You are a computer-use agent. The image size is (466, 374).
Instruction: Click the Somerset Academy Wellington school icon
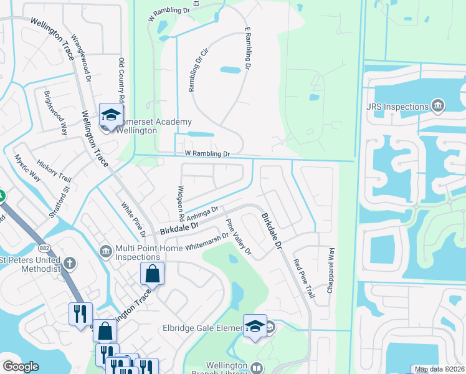(x=110, y=115)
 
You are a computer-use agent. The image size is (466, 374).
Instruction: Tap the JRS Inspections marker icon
(x=438, y=106)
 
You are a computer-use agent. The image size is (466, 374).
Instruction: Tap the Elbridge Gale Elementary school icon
(x=255, y=326)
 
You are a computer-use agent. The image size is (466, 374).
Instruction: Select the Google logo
(x=21, y=367)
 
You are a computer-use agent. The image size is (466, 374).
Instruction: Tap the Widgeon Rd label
(x=180, y=204)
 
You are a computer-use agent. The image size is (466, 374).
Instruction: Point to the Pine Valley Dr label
(x=238, y=237)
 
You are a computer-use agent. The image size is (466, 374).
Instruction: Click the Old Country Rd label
(x=121, y=80)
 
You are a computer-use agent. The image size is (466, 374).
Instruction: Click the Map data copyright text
(x=439, y=369)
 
